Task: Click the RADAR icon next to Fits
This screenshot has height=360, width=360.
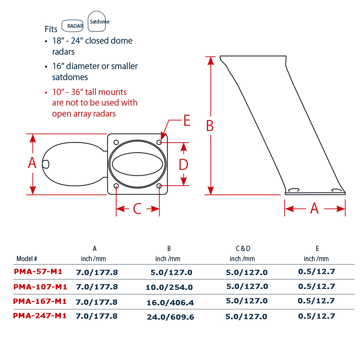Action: [x=72, y=26]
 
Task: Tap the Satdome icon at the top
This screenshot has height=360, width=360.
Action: [x=96, y=21]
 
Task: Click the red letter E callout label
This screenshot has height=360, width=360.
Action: [x=187, y=120]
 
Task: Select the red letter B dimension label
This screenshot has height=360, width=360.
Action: [x=210, y=126]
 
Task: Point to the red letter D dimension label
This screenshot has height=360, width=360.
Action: [x=183, y=164]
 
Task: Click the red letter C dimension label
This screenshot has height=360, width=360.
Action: [x=137, y=209]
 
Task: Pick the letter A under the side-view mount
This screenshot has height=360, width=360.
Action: [x=314, y=208]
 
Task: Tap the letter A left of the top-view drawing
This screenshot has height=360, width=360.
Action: [x=32, y=163]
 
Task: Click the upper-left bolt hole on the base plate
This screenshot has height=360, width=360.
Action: [x=116, y=143]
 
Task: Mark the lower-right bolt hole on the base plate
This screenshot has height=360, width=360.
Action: [x=159, y=185]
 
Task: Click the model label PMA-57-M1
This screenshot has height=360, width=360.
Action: [x=38, y=272]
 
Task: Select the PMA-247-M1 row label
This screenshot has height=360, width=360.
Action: [x=40, y=316]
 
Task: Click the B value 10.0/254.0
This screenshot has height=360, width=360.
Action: [x=169, y=287]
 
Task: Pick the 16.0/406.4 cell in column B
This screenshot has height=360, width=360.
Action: [x=170, y=302]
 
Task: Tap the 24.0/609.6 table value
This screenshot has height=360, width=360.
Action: [x=170, y=317]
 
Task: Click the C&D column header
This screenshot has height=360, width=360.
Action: [x=243, y=249]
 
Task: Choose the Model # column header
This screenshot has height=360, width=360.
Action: [x=26, y=259]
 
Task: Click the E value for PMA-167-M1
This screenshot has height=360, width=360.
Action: [x=316, y=300]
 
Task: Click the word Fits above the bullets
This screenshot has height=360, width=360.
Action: [x=51, y=29]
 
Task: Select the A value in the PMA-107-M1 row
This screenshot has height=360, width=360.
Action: [x=96, y=287]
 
